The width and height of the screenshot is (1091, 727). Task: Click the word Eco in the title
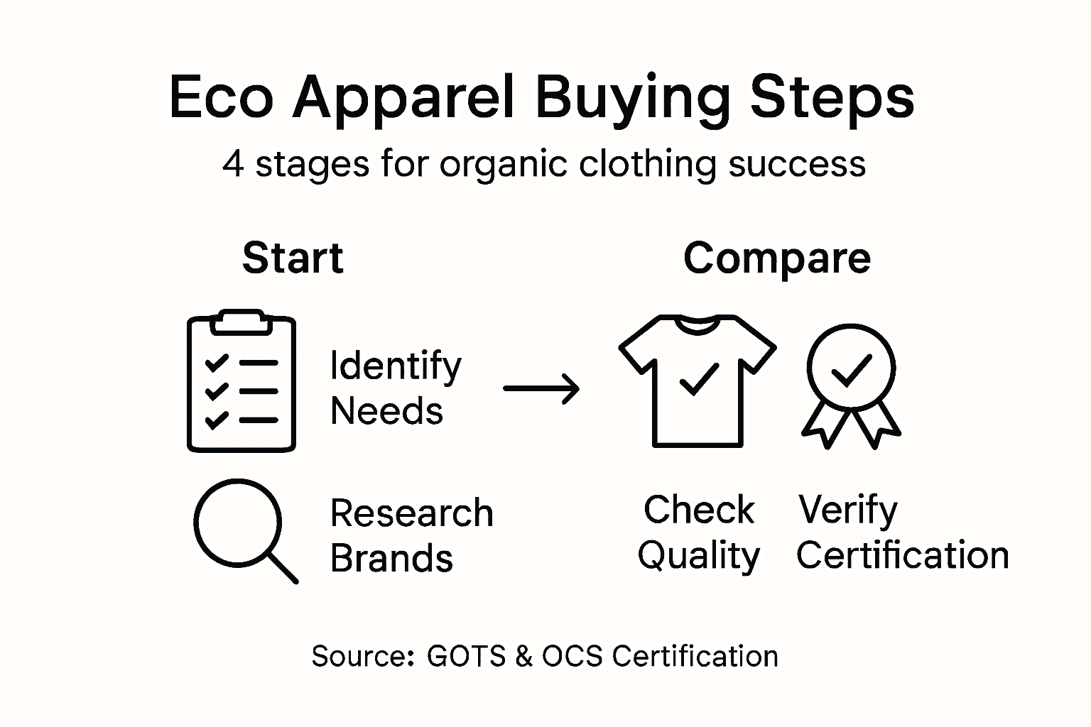point(221,97)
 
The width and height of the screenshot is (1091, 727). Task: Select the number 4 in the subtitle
point(233,164)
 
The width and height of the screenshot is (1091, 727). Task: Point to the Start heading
point(293,258)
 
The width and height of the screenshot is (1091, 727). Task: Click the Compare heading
point(777,259)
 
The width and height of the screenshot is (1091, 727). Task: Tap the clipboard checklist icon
point(241,381)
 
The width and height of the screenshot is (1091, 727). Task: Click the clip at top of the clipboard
point(241,322)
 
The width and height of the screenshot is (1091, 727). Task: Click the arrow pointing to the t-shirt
point(541,388)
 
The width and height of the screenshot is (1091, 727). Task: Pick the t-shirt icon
point(698,381)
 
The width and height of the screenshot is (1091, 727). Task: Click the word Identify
point(396,366)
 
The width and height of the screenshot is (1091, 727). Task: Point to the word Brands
point(391,558)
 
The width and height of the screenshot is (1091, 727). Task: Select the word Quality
point(698,557)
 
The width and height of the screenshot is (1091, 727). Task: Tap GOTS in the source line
point(466,656)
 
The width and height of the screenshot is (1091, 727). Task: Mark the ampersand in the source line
point(523,656)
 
